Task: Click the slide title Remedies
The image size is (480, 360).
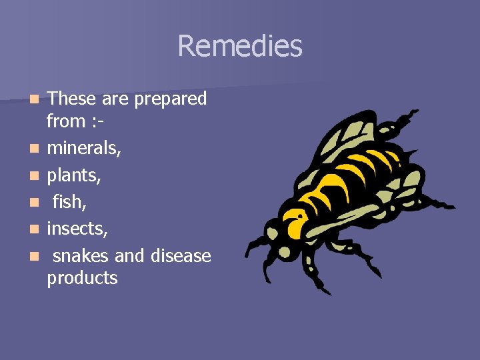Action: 240,47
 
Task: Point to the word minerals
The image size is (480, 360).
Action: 83,147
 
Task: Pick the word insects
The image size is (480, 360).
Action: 77,229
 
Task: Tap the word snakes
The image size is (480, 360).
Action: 82,255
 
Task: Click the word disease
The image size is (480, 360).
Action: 181,255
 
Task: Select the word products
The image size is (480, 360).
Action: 82,278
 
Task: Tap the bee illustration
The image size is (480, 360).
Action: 347,200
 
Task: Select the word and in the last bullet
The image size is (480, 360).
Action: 131,255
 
